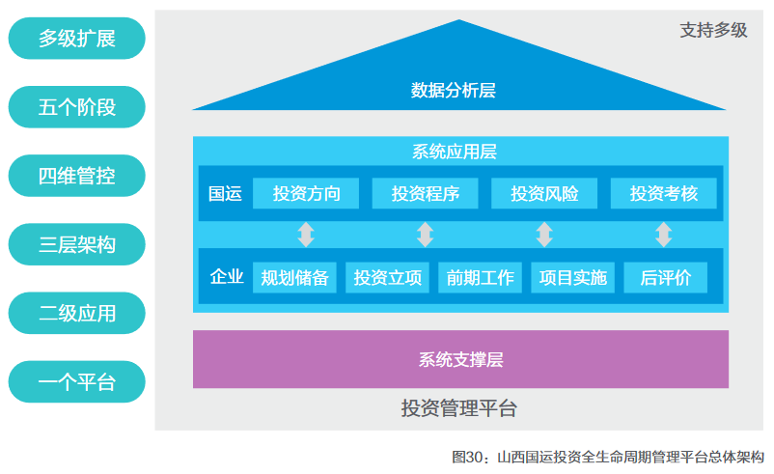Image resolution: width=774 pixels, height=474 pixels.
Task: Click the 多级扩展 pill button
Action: (76, 39)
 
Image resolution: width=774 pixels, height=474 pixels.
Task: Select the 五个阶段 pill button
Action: (76, 107)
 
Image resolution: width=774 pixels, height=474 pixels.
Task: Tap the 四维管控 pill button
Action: (76, 176)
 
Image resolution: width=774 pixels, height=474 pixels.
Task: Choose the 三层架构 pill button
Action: (76, 244)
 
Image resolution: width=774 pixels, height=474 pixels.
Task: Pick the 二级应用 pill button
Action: (76, 313)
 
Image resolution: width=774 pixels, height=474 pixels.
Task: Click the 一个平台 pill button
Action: (76, 381)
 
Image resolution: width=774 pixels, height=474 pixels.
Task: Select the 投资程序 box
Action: (425, 193)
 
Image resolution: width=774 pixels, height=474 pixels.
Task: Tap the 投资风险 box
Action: (544, 193)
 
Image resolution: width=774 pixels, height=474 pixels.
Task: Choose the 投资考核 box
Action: (663, 193)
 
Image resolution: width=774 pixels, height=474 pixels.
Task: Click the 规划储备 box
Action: (294, 278)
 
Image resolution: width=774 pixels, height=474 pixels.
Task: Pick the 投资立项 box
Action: (387, 278)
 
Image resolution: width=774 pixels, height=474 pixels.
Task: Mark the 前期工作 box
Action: (480, 278)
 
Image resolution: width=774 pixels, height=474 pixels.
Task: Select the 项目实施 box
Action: (572, 278)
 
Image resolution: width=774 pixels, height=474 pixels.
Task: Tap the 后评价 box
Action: (665, 278)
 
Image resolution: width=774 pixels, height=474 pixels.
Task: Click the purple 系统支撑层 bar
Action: (460, 359)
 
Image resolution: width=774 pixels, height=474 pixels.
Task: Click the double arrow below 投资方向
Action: (306, 235)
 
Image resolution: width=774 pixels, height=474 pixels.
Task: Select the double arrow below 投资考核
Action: (663, 235)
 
